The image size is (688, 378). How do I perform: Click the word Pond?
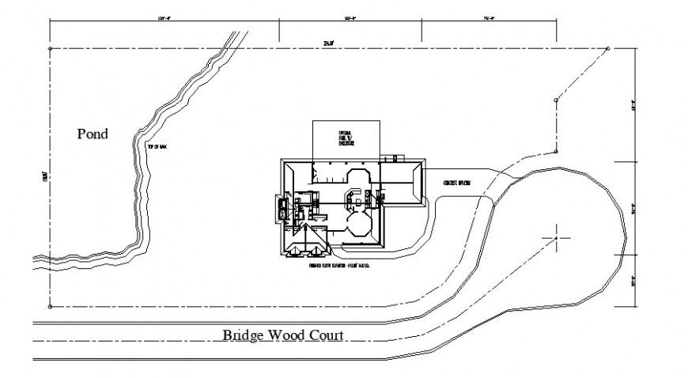[x=93, y=134]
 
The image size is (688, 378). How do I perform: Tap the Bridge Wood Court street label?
[x=282, y=335]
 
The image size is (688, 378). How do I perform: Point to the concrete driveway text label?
[x=458, y=183]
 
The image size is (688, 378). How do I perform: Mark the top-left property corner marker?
[x=50, y=49]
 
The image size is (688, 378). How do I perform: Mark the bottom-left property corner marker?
[x=50, y=306]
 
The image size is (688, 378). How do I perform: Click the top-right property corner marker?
[x=607, y=49]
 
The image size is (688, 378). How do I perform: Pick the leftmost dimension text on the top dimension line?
[x=164, y=17]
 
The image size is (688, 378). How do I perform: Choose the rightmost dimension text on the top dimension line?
[x=487, y=17]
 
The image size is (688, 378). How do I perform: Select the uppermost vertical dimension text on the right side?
[x=633, y=104]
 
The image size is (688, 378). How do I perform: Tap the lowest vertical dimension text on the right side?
[x=633, y=281]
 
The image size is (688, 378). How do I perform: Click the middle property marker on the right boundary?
[x=557, y=100]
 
